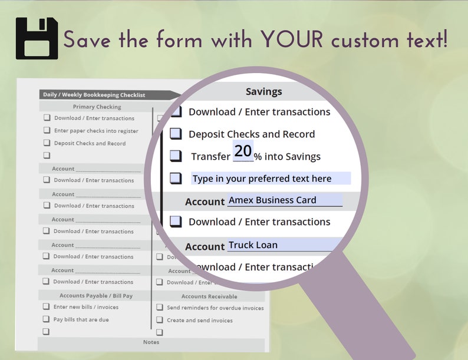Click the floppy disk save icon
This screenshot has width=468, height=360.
click(37, 38)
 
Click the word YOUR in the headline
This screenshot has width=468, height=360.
click(293, 40)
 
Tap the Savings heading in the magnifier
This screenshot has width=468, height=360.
click(263, 91)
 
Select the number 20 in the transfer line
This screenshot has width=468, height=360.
click(243, 151)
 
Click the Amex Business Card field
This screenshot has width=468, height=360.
click(285, 200)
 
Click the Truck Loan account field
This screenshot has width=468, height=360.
click(285, 245)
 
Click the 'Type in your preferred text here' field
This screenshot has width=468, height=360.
click(271, 179)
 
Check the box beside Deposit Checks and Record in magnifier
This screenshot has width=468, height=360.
click(176, 134)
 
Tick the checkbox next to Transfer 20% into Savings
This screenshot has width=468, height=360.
click(176, 156)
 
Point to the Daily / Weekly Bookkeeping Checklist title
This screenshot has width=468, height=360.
click(94, 95)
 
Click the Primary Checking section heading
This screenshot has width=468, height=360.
click(97, 107)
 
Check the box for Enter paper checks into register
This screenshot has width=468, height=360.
click(47, 131)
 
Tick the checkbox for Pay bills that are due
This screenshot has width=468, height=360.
click(46, 319)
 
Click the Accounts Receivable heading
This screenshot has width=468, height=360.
click(209, 296)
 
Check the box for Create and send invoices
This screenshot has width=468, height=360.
click(160, 321)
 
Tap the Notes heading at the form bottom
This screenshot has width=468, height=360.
click(151, 342)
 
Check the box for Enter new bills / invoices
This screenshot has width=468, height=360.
click(46, 307)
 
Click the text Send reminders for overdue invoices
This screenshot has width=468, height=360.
click(215, 308)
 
